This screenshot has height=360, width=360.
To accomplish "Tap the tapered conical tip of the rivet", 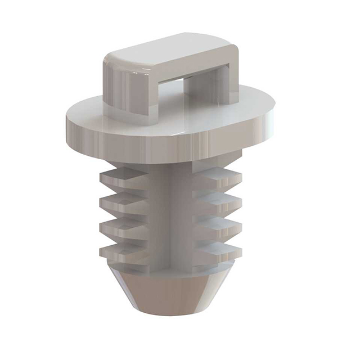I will click(x=169, y=292).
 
